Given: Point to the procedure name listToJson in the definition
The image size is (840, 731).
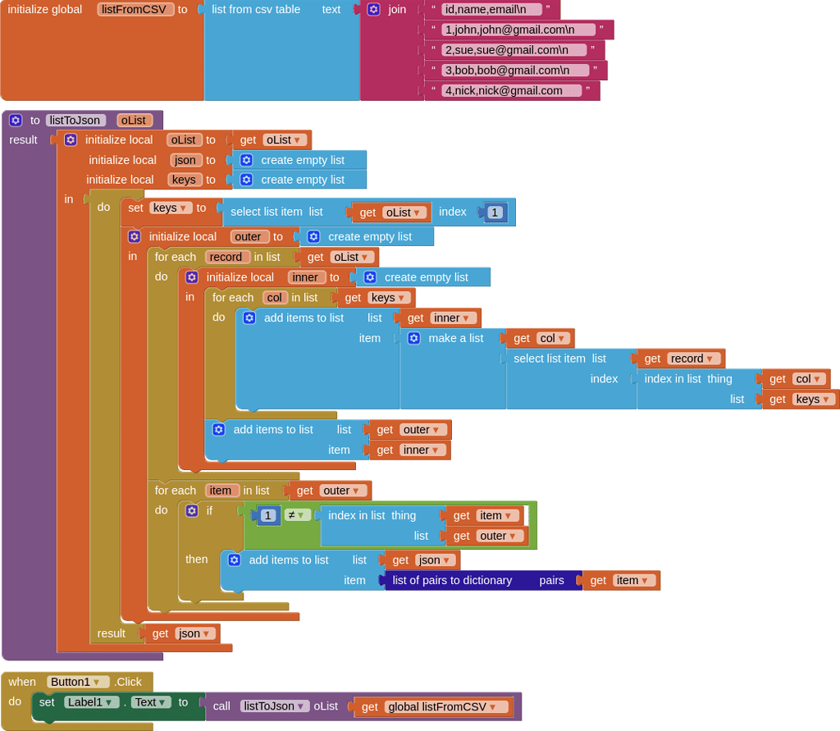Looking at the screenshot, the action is pyautogui.click(x=75, y=121).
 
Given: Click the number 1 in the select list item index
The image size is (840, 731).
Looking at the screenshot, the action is pyautogui.click(x=495, y=212).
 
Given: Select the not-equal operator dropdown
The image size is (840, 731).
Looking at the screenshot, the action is pyautogui.click(x=296, y=515).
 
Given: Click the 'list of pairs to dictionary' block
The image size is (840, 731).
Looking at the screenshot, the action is pyautogui.click(x=452, y=580).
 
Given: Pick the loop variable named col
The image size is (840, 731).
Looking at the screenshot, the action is pyautogui.click(x=275, y=298).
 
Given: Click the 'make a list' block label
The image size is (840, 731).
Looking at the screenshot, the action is pyautogui.click(x=456, y=338).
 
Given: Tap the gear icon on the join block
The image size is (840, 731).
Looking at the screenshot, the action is pyautogui.click(x=373, y=10).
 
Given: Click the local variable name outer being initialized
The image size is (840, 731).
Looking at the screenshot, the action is pyautogui.click(x=249, y=237).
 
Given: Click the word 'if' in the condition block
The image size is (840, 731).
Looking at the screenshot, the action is pyautogui.click(x=209, y=511).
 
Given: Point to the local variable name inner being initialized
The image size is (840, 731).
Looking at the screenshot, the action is pyautogui.click(x=306, y=277).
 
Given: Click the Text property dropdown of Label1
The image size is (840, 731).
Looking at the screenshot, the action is pyautogui.click(x=149, y=702).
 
